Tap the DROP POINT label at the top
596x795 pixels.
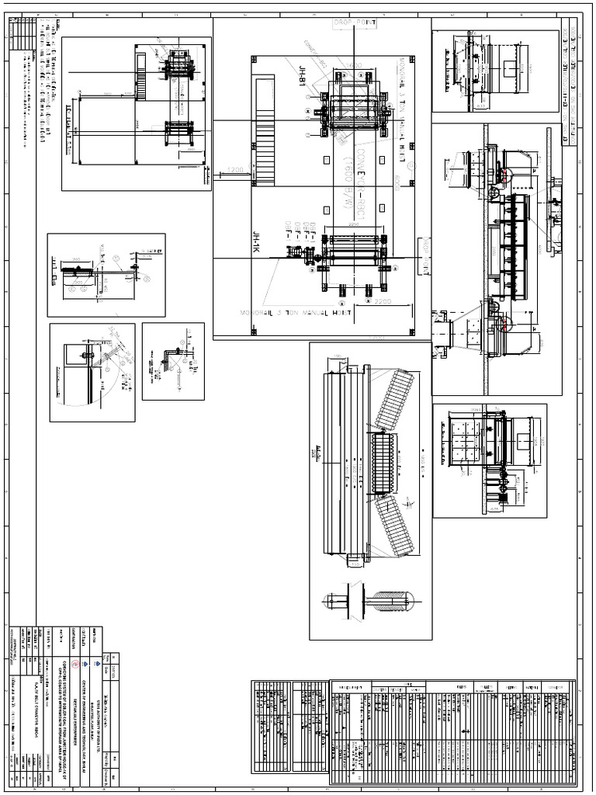coord(354,24)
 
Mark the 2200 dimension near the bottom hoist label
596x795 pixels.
coord(381,300)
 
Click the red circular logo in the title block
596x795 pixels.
coord(75,664)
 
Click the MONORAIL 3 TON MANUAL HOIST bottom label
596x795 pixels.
coord(294,314)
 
